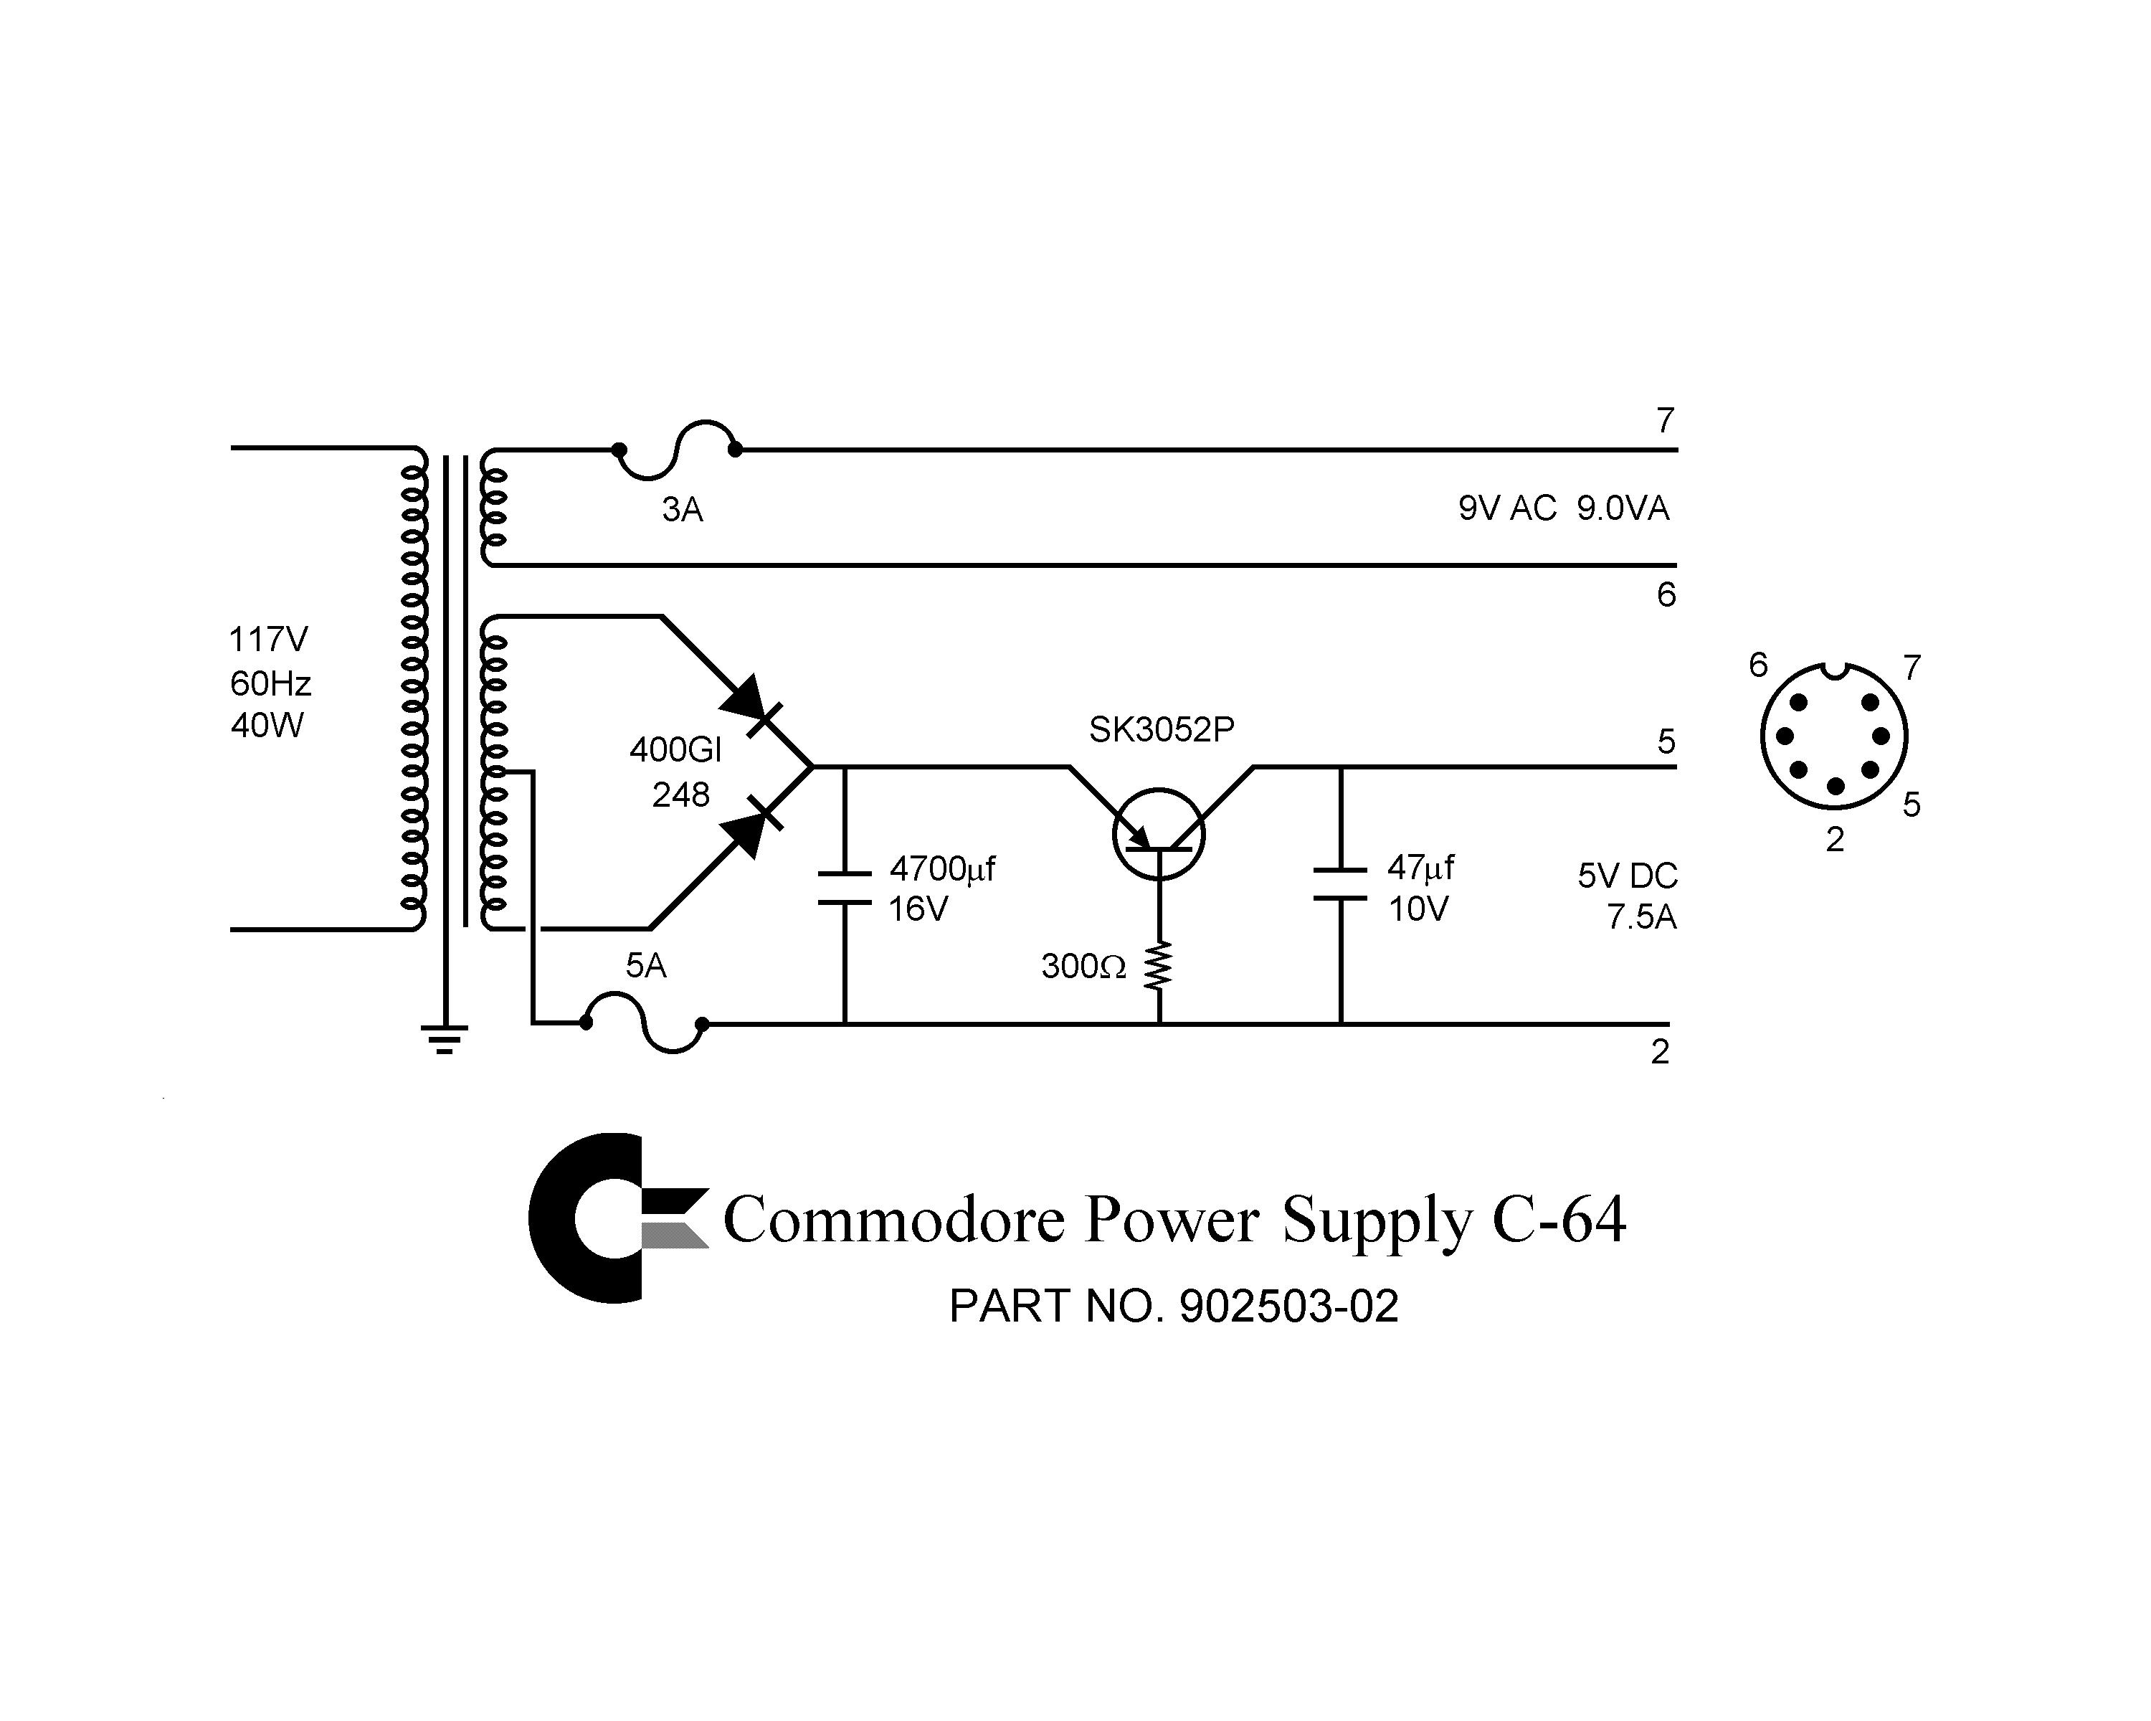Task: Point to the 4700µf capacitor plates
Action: pos(845,888)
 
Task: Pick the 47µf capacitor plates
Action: pos(1341,884)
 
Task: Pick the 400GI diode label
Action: pos(675,750)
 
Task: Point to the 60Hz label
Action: pos(270,683)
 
